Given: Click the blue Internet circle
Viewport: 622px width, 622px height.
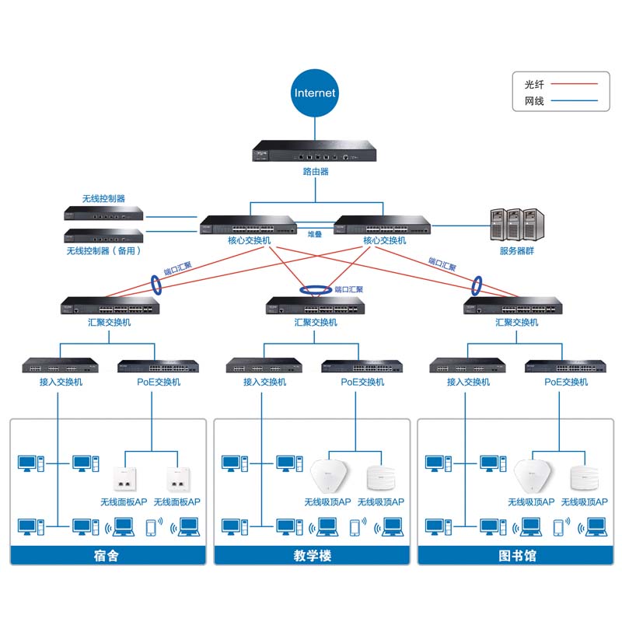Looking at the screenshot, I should tap(315, 93).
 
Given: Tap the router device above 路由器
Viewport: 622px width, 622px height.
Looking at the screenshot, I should tap(315, 152).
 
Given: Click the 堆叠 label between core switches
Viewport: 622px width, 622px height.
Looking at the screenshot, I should tap(315, 233).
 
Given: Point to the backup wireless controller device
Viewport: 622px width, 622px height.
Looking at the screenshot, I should tap(104, 236).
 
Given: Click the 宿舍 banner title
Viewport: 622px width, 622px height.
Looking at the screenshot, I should tap(108, 556).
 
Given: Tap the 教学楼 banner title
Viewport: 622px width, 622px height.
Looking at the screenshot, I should tap(311, 556).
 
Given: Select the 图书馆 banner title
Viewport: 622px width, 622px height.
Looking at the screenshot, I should tap(515, 556).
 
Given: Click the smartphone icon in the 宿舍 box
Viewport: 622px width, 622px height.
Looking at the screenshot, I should tap(150, 527).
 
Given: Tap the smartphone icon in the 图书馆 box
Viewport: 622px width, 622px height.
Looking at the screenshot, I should tap(557, 527).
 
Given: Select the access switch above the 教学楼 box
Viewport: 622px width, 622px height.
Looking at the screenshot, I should tap(264, 366).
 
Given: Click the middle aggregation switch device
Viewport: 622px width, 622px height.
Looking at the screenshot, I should tap(314, 306).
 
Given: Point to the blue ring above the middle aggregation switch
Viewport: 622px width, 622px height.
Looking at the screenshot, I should tap(316, 291).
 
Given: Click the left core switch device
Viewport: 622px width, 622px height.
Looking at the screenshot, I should tap(249, 225).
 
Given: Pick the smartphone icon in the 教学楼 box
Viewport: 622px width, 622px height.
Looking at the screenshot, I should tap(355, 527).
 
